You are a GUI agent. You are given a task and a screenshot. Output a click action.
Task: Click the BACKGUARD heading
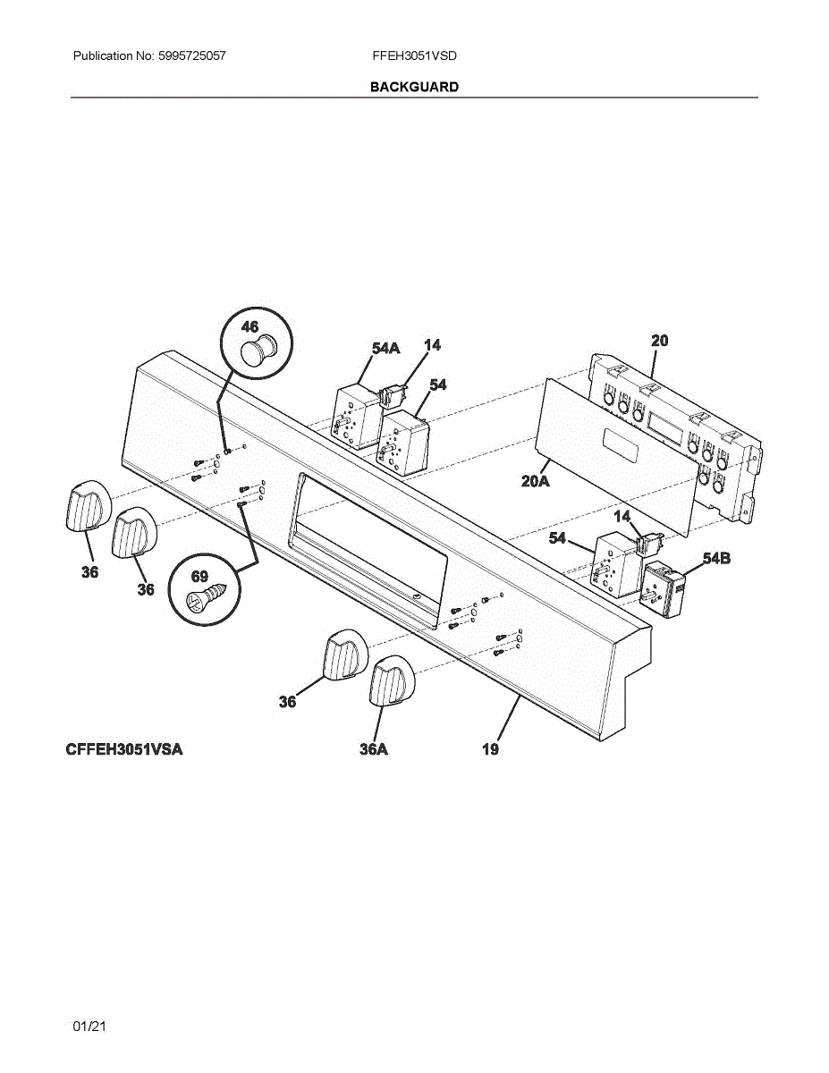[414, 87]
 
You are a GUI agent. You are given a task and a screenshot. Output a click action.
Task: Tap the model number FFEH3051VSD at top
[414, 55]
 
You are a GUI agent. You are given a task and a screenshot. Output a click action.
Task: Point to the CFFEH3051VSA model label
[123, 749]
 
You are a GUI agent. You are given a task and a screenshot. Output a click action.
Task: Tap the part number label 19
[490, 749]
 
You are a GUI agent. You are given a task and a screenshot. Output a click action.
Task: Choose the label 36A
[374, 749]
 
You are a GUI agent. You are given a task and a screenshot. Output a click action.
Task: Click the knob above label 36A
[390, 681]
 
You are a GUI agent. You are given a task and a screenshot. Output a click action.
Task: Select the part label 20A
[535, 481]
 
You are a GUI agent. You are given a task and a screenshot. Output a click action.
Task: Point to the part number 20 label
[659, 341]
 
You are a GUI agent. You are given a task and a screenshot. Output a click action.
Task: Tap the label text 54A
[386, 348]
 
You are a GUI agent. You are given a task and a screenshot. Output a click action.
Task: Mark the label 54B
[716, 559]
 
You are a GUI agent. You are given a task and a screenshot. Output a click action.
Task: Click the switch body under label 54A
[355, 416]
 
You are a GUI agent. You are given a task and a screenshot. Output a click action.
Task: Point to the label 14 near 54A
[432, 344]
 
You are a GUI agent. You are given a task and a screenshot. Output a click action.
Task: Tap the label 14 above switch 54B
[622, 516]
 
